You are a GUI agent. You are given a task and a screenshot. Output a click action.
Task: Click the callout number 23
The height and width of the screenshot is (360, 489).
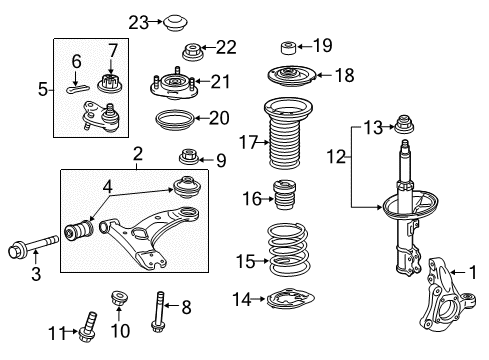(x=138, y=21)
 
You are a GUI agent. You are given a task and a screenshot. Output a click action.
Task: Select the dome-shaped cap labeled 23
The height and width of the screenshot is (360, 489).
(x=178, y=20)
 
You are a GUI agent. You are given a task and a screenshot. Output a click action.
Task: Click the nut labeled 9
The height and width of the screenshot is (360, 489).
(x=186, y=157)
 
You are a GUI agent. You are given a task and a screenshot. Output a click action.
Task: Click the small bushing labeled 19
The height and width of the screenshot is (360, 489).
(x=288, y=45)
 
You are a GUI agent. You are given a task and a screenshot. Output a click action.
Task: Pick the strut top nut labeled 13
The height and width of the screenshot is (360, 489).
(x=405, y=126)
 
